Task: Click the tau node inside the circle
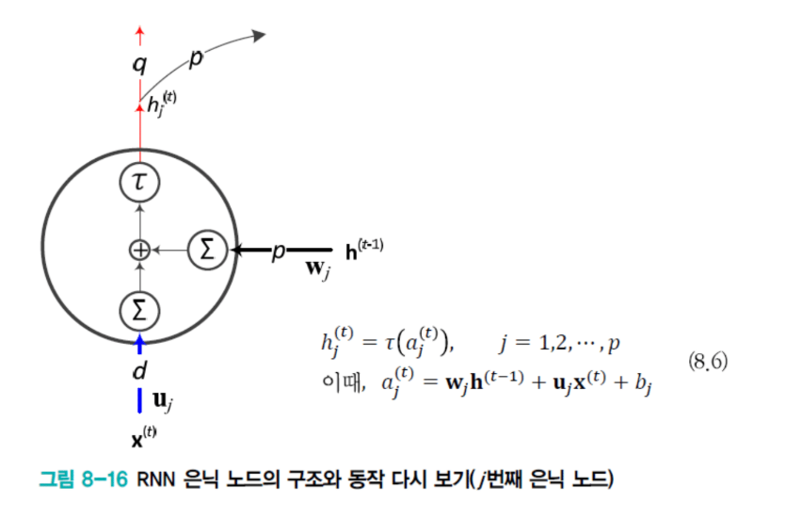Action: click(139, 182)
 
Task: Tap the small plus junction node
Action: click(139, 250)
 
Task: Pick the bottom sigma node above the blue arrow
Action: click(139, 308)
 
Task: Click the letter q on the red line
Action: click(139, 66)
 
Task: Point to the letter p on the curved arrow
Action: click(197, 58)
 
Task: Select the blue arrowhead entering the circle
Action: click(139, 340)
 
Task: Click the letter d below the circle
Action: click(139, 370)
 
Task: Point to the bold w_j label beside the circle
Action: click(318, 268)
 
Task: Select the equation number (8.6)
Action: click(707, 364)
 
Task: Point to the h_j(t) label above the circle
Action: click(163, 105)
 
